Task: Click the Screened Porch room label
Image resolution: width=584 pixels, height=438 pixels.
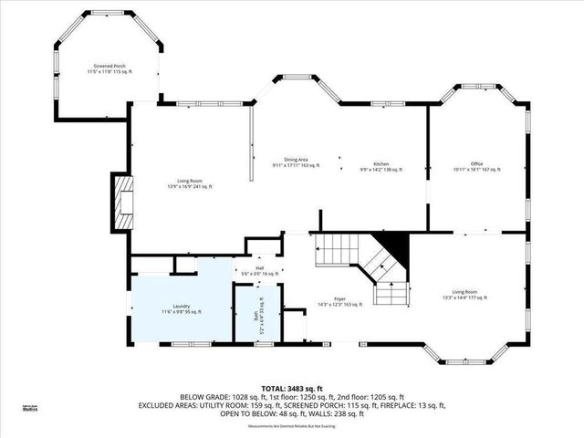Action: pos(109,69)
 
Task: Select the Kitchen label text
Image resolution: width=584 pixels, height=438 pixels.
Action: pos(381,164)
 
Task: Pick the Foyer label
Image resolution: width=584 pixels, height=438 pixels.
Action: pos(339,298)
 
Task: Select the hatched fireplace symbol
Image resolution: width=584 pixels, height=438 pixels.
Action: pos(123,204)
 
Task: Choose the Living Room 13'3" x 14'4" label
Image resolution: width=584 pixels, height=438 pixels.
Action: pos(464,295)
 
